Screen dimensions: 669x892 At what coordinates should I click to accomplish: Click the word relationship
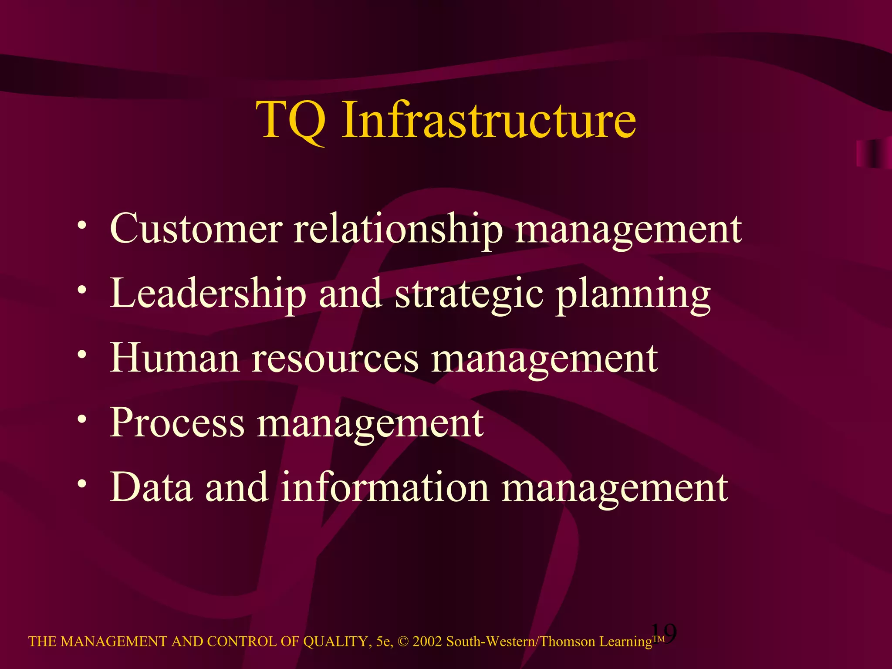(398, 230)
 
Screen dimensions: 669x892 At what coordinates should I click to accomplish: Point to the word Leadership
(208, 294)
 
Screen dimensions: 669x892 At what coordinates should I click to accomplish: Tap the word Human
(175, 358)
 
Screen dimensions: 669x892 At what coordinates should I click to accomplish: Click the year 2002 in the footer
(427, 642)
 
